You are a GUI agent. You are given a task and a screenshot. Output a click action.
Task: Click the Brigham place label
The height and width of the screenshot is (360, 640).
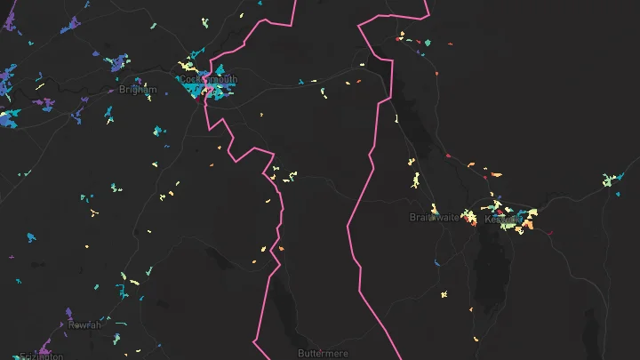point(138,90)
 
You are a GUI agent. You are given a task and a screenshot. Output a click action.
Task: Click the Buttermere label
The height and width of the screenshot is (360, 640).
point(324,353)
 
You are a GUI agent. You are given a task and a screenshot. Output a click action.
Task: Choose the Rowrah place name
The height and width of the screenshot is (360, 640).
point(84,324)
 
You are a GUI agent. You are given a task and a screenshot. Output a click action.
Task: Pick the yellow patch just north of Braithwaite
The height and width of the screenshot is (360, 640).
point(416,181)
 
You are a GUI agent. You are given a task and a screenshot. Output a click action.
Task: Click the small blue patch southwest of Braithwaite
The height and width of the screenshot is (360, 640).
point(436,264)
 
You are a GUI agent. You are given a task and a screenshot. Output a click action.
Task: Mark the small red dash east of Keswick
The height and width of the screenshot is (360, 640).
point(551,234)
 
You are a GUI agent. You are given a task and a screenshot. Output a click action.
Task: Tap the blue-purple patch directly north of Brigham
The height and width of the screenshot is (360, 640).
point(117,64)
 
